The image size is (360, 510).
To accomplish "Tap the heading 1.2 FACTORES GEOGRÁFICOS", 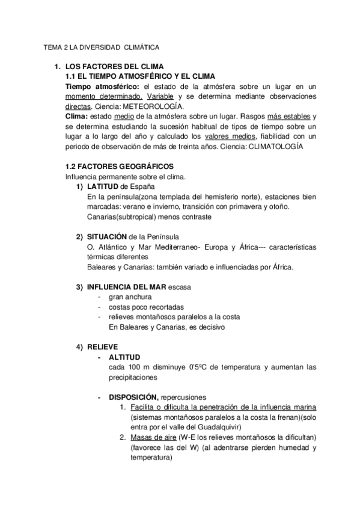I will [119, 166].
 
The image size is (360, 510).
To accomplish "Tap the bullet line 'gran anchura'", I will [130, 297].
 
